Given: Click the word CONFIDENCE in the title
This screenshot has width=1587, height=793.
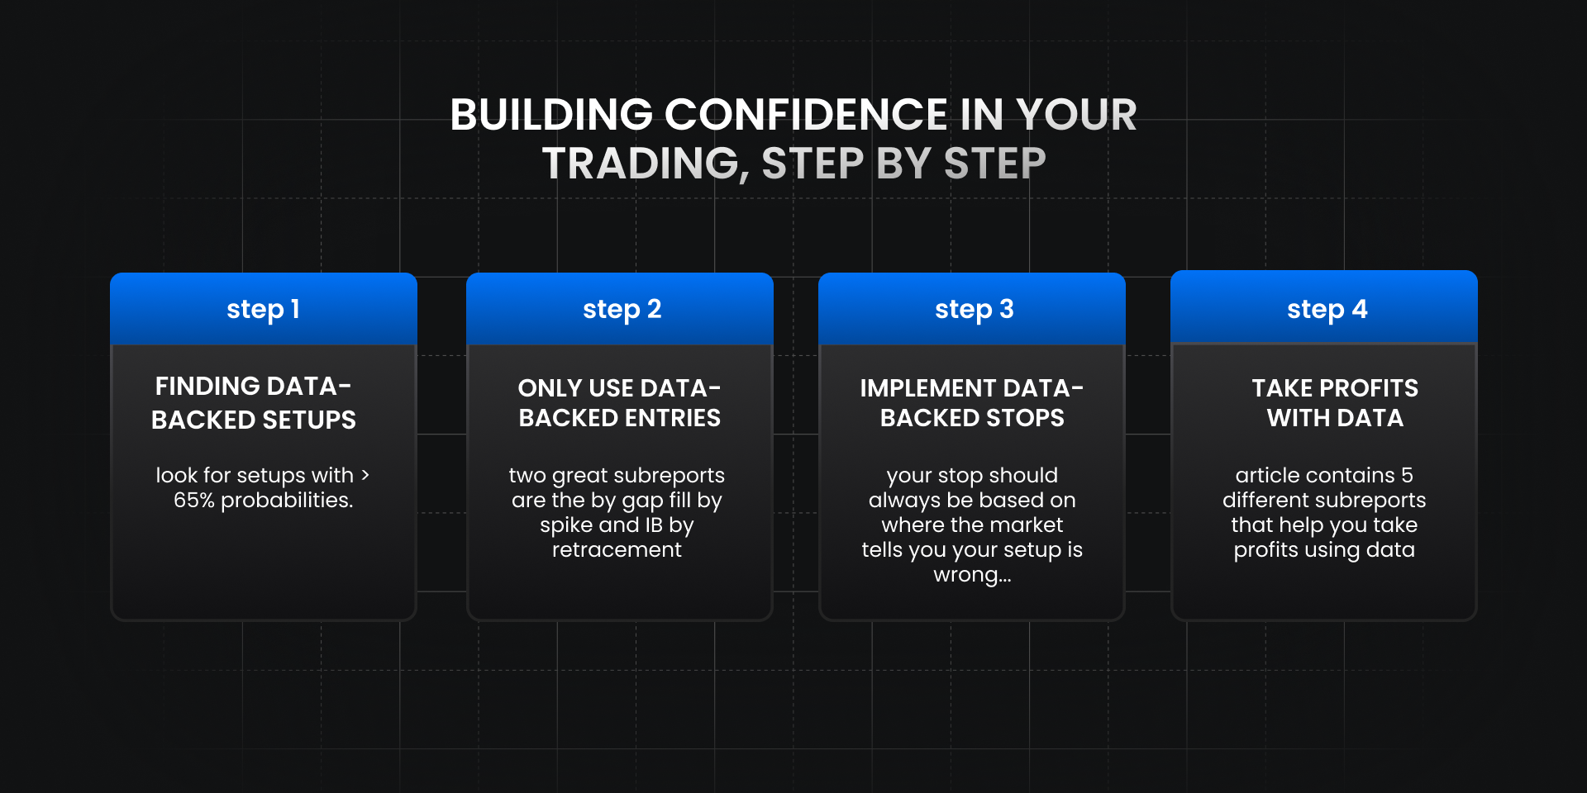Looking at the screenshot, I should click(805, 115).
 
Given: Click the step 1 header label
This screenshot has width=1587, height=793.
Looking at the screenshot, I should click(263, 310).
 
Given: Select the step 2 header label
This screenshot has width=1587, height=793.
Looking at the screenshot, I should click(622, 310).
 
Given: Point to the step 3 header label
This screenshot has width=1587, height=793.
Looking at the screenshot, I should click(974, 310).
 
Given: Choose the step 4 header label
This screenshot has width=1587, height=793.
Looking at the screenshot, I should click(1327, 310).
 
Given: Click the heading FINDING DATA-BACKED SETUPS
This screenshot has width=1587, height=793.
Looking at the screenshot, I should click(254, 403).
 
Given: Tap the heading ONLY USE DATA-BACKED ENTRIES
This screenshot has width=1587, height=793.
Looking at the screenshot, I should click(619, 403).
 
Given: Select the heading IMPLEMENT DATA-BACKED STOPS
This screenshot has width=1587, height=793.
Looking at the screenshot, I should click(971, 403).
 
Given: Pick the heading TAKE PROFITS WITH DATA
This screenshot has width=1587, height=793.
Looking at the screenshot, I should click(1335, 403).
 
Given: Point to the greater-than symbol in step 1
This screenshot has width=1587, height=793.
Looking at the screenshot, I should click(365, 475).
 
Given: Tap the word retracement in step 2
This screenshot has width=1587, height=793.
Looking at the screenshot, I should click(617, 550).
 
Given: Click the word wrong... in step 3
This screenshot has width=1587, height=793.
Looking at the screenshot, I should click(972, 575).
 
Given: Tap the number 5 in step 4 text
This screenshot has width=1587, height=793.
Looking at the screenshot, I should click(1407, 476).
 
